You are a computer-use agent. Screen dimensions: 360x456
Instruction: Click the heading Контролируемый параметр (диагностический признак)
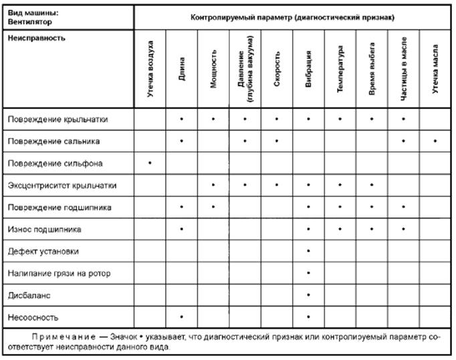292,16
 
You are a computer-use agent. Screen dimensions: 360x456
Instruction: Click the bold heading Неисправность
37,38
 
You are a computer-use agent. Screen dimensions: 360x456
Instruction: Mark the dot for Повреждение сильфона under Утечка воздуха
150,163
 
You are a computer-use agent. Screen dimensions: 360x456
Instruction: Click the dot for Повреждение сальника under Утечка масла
435,141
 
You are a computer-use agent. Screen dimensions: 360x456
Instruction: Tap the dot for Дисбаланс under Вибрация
308,294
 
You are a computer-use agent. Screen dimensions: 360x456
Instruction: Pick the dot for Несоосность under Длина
182,316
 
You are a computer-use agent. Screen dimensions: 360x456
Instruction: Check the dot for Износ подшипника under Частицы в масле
403,229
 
